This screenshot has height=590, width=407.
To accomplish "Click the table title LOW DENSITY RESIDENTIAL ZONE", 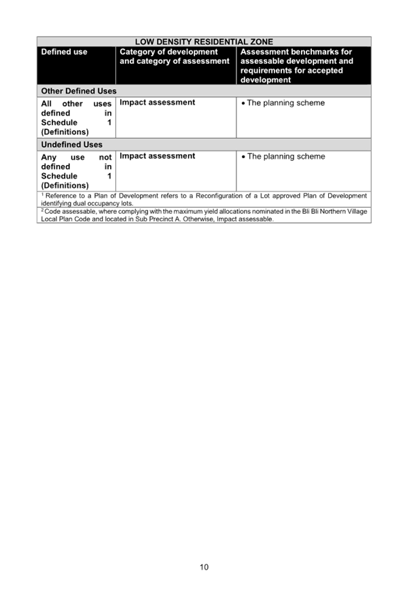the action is tap(204, 42).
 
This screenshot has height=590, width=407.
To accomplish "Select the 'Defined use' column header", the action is tap(64, 52).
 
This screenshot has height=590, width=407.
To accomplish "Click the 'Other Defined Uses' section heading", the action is tap(79, 91).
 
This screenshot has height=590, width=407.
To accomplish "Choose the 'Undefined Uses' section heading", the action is tap(71, 145).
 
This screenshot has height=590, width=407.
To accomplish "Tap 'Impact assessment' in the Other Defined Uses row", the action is tap(158, 103).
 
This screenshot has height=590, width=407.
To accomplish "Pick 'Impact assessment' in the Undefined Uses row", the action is tap(158, 155).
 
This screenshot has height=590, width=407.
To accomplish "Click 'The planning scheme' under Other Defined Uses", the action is tap(286, 103).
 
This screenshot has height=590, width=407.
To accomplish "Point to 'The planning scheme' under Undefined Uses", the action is tap(286, 156).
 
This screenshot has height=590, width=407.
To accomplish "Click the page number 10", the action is tap(204, 567).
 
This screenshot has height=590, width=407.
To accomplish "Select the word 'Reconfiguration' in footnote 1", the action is tap(219, 196).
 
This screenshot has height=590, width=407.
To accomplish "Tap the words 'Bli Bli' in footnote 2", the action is tap(310, 211).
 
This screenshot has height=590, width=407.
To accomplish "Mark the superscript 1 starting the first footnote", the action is tap(43, 195).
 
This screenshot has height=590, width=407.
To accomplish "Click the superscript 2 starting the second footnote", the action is tap(43, 210).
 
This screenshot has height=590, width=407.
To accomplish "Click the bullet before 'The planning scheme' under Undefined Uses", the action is tap(243, 157).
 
